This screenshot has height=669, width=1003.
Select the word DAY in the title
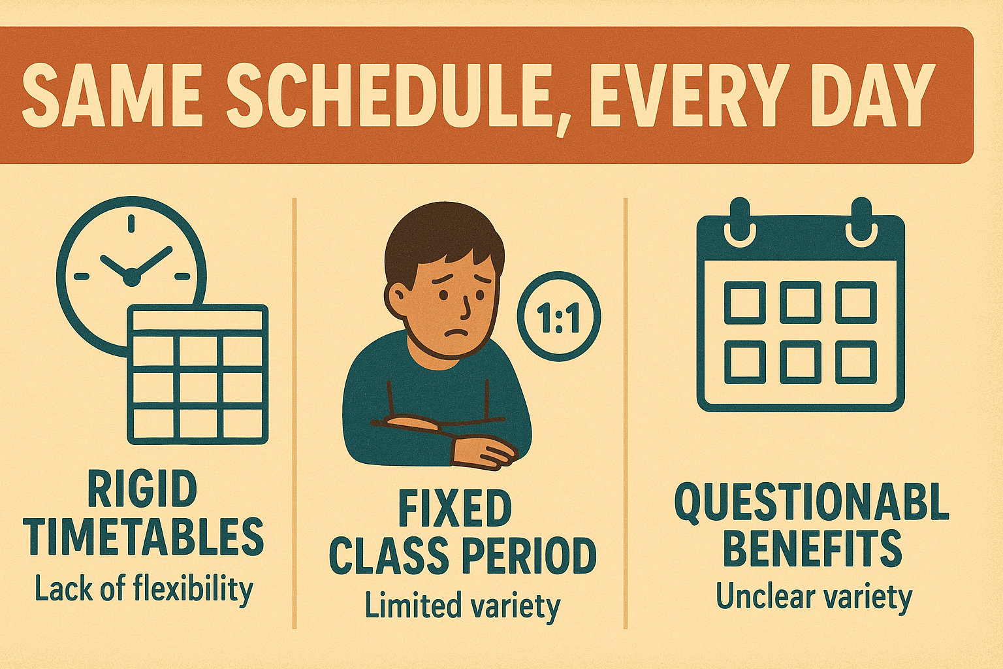point(863,95)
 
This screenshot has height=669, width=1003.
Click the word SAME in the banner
point(111,95)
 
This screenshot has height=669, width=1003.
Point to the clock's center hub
point(131,277)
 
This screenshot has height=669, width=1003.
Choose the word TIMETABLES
point(146,537)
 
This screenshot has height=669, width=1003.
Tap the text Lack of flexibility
point(144,589)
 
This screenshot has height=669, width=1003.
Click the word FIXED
point(455,509)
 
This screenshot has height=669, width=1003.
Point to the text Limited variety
point(462,606)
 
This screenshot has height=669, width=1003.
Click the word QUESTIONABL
point(812,502)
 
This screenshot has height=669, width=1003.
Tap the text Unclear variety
point(814,597)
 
